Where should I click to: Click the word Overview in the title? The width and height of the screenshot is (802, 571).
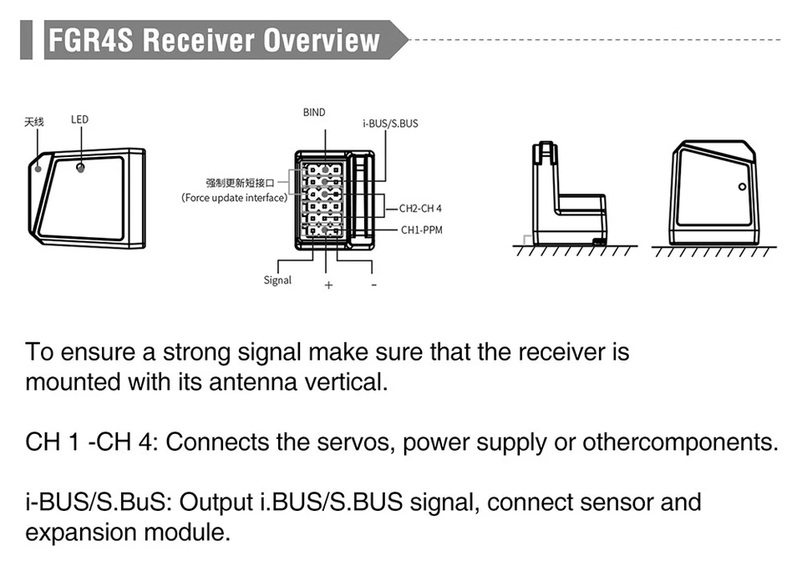322,40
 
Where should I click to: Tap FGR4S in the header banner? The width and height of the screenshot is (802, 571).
90,40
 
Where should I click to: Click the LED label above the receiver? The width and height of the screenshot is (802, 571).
79,119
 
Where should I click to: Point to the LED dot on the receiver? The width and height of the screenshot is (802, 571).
80,168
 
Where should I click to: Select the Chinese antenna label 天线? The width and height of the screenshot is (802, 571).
34,122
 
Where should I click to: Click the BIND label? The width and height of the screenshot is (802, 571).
314,113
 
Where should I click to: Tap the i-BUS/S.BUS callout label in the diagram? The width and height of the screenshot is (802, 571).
390,124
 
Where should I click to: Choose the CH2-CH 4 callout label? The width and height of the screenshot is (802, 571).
420,209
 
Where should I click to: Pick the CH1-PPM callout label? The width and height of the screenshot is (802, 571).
421,230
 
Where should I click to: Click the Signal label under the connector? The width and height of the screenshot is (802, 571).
277,280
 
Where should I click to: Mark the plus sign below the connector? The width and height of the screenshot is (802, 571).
328,285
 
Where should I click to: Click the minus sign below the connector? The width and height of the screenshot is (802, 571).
374,285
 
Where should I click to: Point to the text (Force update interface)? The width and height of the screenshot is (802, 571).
234,198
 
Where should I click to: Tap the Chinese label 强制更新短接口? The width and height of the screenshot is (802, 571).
241,183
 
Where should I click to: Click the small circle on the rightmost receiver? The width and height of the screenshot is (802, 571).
742,187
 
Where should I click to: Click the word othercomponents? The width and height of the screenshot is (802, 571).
680,442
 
